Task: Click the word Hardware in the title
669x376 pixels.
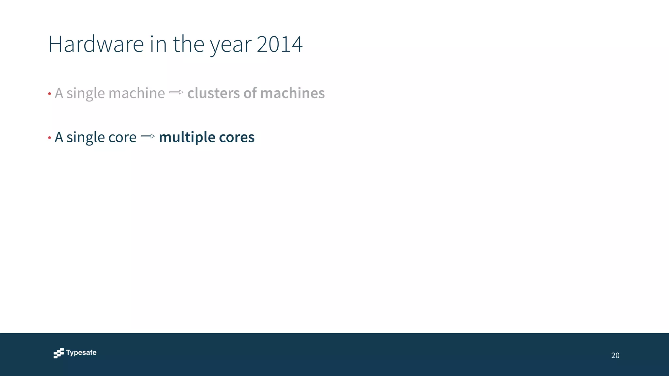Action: pos(96,44)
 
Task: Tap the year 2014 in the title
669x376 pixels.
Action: pos(280,44)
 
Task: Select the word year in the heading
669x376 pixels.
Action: pos(231,46)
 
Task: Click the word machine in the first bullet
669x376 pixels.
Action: pos(137,93)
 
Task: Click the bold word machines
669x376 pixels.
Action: pos(292,93)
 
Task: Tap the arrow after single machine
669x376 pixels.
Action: pos(176,92)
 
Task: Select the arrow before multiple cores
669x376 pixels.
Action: pos(148,136)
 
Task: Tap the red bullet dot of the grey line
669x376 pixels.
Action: pos(49,94)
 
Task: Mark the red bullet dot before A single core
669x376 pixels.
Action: pos(49,138)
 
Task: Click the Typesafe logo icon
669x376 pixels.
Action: pos(59,353)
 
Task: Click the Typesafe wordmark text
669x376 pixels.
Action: pos(81,352)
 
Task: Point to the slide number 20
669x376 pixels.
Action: pos(615,355)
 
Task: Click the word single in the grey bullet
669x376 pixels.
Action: pos(86,94)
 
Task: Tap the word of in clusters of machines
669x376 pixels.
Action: pos(250,93)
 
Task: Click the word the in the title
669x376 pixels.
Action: pos(188,44)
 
